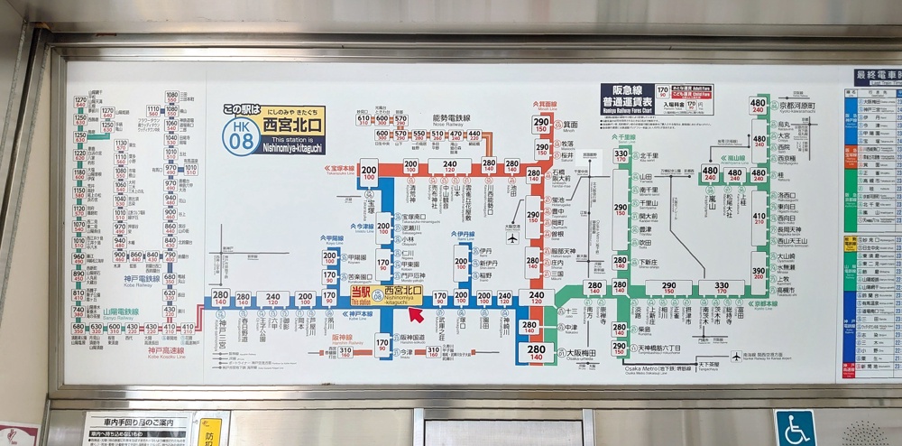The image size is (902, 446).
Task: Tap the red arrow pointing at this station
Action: (x=417, y=314)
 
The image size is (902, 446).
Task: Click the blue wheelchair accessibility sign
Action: (x=794, y=428)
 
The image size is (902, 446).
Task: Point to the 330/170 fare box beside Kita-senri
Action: (x=621, y=159)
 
